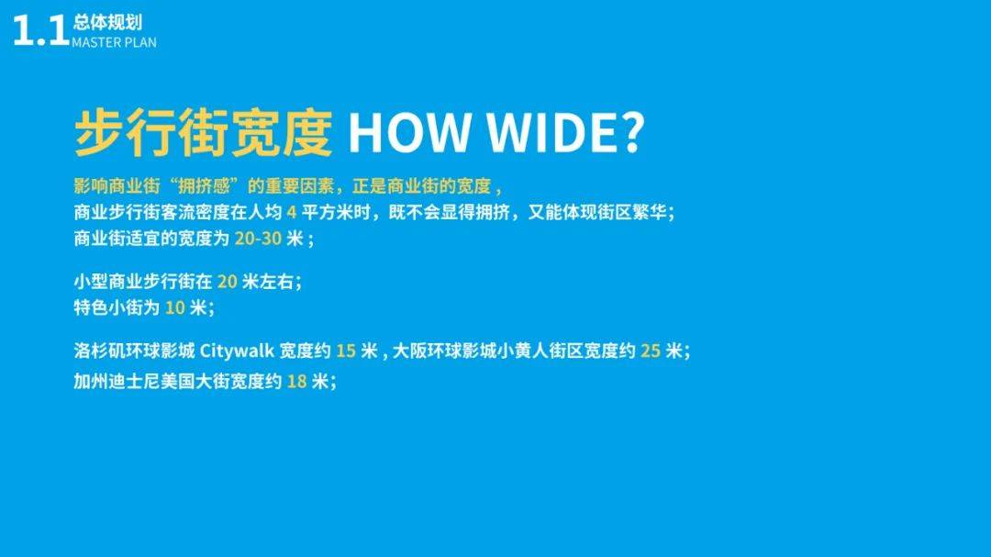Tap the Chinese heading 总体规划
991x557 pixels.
click(x=107, y=23)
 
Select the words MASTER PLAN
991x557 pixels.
click(x=114, y=42)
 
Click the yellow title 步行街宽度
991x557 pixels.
click(x=204, y=132)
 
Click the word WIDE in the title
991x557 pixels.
click(x=547, y=132)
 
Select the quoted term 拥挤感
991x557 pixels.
click(x=203, y=186)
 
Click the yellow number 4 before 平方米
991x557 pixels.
click(x=292, y=212)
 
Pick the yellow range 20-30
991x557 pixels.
click(x=258, y=239)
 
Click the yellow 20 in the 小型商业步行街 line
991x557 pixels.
click(x=227, y=282)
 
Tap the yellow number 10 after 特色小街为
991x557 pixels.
click(x=175, y=308)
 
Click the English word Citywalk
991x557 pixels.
click(x=237, y=351)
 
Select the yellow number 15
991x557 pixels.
click(x=346, y=351)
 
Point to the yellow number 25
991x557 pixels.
click(x=651, y=351)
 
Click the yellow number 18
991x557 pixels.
click(x=297, y=381)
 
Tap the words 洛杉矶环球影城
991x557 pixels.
click(x=135, y=351)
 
